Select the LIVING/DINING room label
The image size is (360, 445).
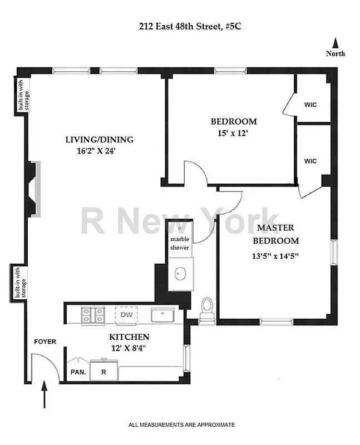pyautogui.click(x=100, y=140)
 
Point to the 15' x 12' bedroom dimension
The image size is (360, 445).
pyautogui.click(x=233, y=133)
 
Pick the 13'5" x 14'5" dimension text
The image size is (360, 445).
pyautogui.click(x=276, y=256)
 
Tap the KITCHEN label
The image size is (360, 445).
pyautogui.click(x=129, y=337)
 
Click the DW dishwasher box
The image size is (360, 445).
pyautogui.click(x=126, y=315)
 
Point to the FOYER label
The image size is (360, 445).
pyautogui.click(x=46, y=341)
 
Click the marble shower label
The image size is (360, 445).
pyautogui.click(x=180, y=243)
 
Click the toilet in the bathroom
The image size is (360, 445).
pyautogui.click(x=207, y=307)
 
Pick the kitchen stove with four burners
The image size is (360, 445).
pyautogui.click(x=93, y=315)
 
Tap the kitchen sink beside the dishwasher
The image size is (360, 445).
pyautogui.click(x=163, y=315)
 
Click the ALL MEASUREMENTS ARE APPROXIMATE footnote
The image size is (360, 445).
pyautogui.click(x=181, y=425)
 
